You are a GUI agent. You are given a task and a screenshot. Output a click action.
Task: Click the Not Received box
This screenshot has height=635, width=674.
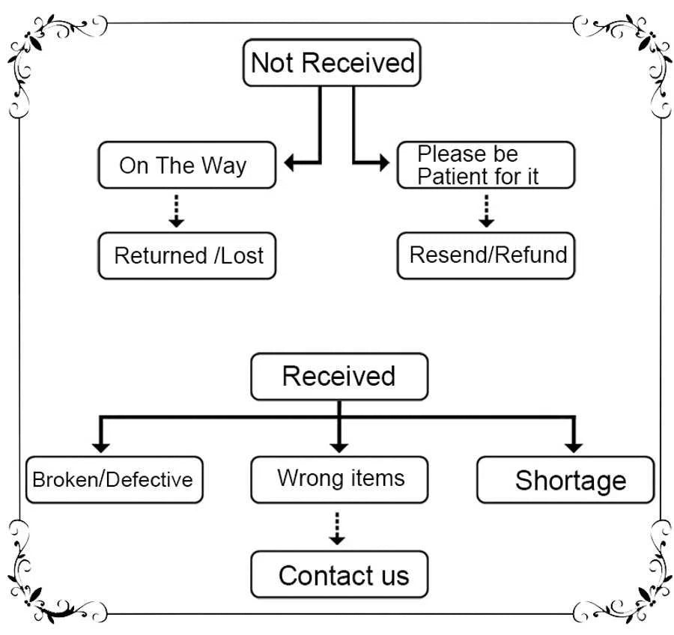click(x=332, y=63)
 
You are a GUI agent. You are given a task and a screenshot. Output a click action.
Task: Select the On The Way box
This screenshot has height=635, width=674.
click(x=186, y=165)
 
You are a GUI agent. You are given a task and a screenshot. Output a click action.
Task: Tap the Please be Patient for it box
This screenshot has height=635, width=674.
click(x=485, y=165)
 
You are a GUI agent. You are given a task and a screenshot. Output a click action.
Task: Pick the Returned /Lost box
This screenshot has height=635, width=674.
click(x=186, y=256)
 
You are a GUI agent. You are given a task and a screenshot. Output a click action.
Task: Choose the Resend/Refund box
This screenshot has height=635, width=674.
click(x=485, y=256)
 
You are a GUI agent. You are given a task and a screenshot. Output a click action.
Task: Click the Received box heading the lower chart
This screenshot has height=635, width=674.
click(x=338, y=376)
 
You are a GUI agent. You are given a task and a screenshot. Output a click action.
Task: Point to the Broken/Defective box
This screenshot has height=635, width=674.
click(x=114, y=479)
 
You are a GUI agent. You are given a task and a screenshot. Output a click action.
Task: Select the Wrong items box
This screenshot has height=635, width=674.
click(x=339, y=479)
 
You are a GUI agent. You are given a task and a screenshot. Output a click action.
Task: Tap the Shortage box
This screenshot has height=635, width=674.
click(x=565, y=479)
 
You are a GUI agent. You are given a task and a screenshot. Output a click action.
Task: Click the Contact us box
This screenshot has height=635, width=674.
click(x=339, y=575)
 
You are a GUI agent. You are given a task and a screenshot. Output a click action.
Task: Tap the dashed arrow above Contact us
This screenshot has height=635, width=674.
click(x=338, y=528)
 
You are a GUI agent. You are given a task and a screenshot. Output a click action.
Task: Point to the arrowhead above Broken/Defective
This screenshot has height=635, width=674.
click(x=101, y=446)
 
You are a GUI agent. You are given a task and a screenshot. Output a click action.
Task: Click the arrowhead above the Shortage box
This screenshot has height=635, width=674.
click(x=574, y=446)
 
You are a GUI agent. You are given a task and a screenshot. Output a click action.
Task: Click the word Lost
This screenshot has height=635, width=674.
click(x=243, y=256)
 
